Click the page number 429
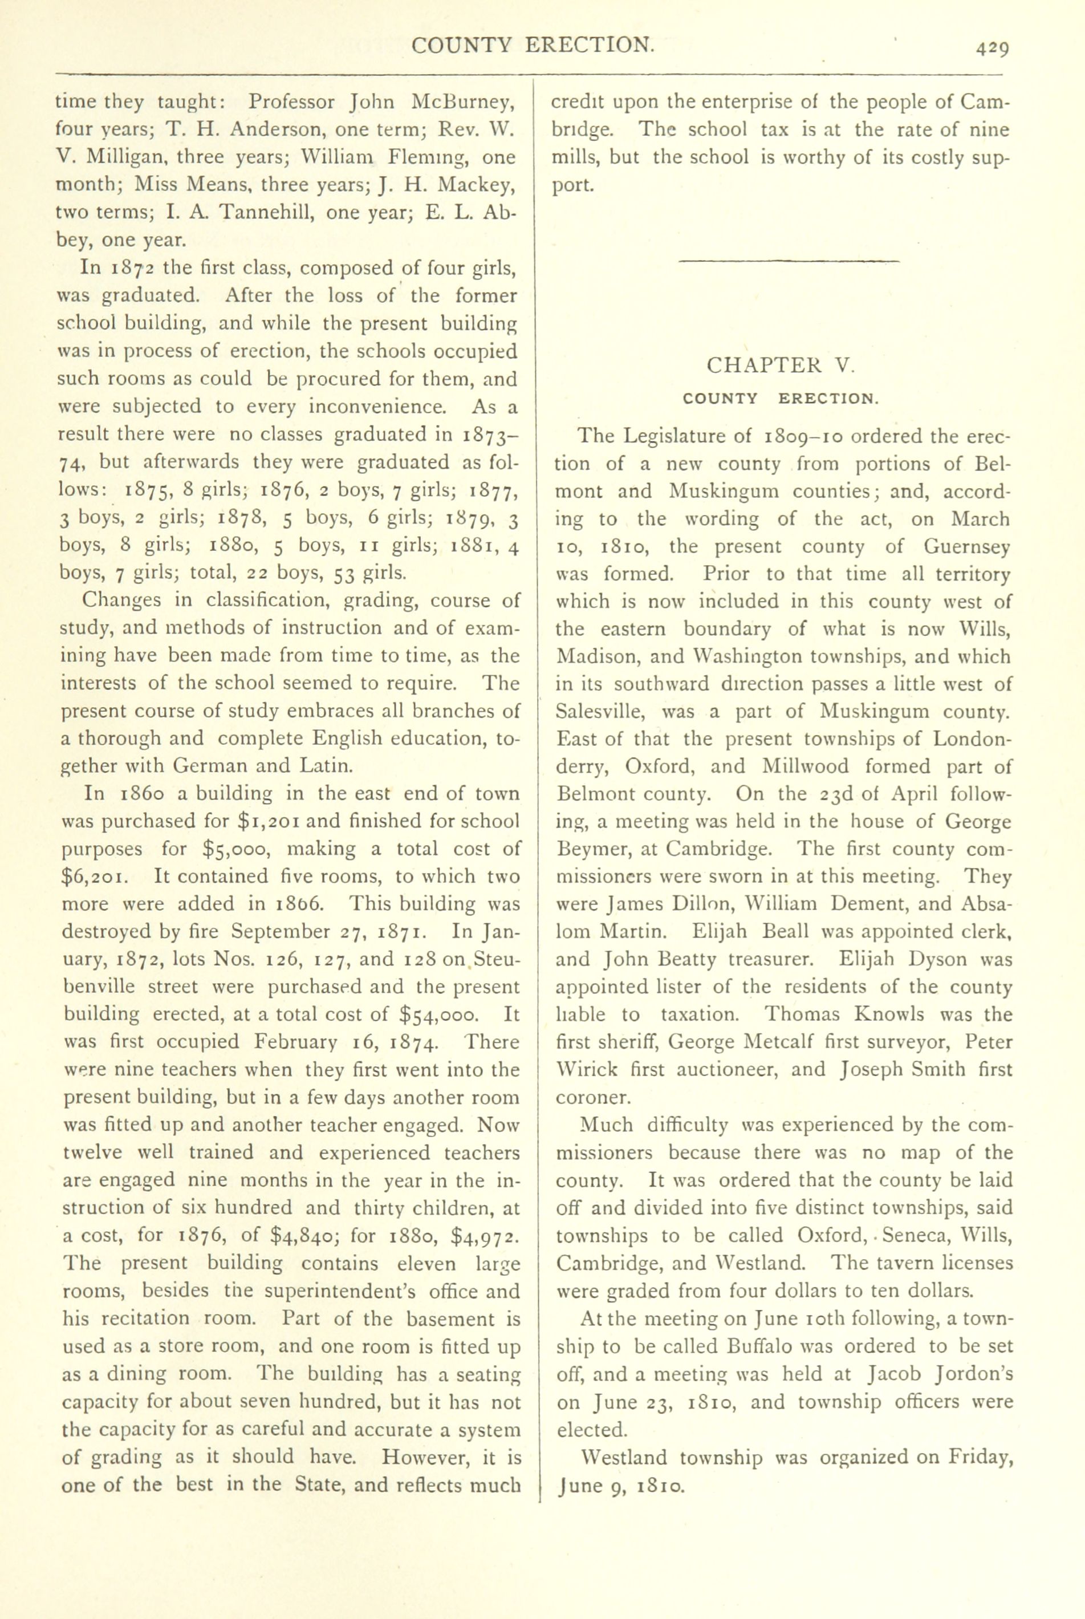(993, 48)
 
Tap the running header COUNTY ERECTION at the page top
(532, 45)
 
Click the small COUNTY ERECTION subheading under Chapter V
(781, 399)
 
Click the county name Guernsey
(966, 547)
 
